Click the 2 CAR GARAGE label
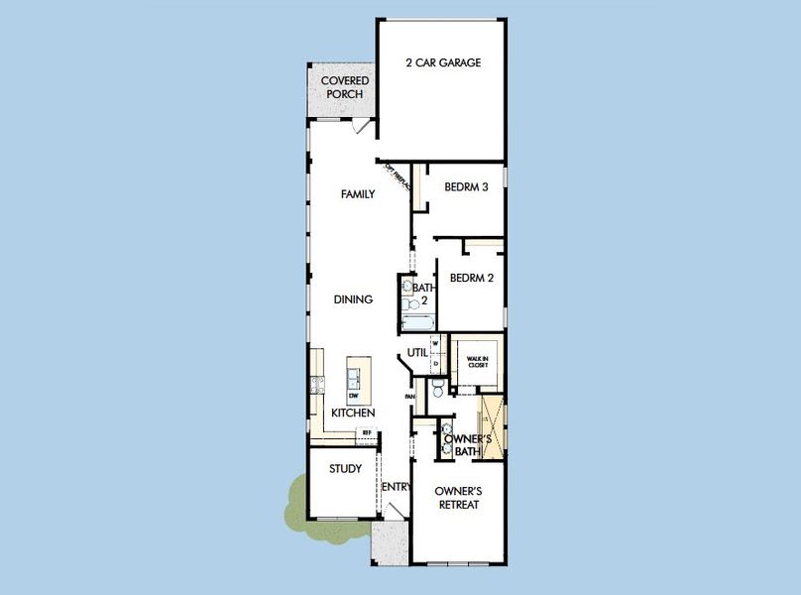click(443, 62)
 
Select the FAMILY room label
click(358, 194)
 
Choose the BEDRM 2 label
click(471, 279)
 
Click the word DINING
click(353, 299)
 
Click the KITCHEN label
click(353, 413)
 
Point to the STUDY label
click(345, 469)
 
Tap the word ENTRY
click(397, 486)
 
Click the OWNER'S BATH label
click(462, 445)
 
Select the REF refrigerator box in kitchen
click(366, 432)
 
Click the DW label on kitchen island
click(353, 396)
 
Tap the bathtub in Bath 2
click(415, 320)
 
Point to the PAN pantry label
click(410, 397)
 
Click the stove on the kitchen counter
click(317, 385)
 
